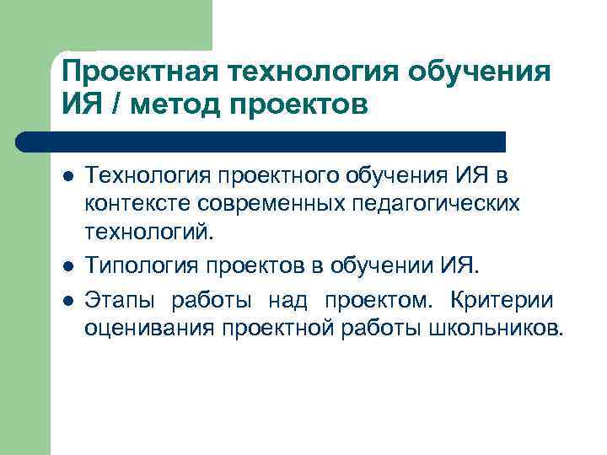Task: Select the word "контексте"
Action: [139, 203]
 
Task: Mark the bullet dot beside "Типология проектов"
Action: [68, 269]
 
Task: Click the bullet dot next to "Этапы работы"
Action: [68, 301]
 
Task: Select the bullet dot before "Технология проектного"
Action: [68, 177]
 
